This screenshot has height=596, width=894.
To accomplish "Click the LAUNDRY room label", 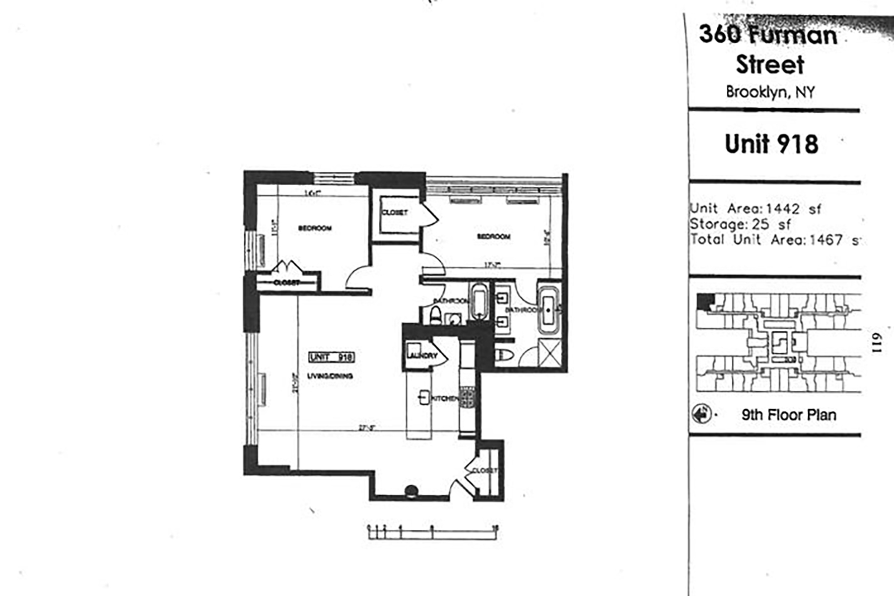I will [422, 356].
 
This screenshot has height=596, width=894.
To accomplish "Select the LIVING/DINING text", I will [330, 376].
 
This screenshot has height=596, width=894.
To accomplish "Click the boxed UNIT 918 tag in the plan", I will [331, 357].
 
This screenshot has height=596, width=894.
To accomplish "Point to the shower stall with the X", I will [550, 354].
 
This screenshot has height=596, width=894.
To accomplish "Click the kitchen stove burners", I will [467, 396].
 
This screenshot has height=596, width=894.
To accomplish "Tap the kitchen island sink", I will [424, 397].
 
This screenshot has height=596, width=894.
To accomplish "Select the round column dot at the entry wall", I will [411, 491].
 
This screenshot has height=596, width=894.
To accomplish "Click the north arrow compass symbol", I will [701, 414].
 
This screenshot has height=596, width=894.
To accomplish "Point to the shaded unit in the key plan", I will [705, 301].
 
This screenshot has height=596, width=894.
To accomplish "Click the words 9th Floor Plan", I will [789, 415].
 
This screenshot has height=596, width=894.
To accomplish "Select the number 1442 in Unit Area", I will [783, 209].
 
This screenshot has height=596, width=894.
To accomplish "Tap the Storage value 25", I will [760, 224].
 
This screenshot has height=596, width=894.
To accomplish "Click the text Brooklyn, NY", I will [770, 92].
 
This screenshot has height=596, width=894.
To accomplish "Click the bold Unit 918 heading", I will [771, 144].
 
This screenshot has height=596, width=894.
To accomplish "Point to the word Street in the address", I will [770, 65].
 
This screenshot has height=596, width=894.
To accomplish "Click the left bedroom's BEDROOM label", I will [315, 228].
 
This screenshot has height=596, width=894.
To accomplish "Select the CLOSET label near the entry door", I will [484, 470].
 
